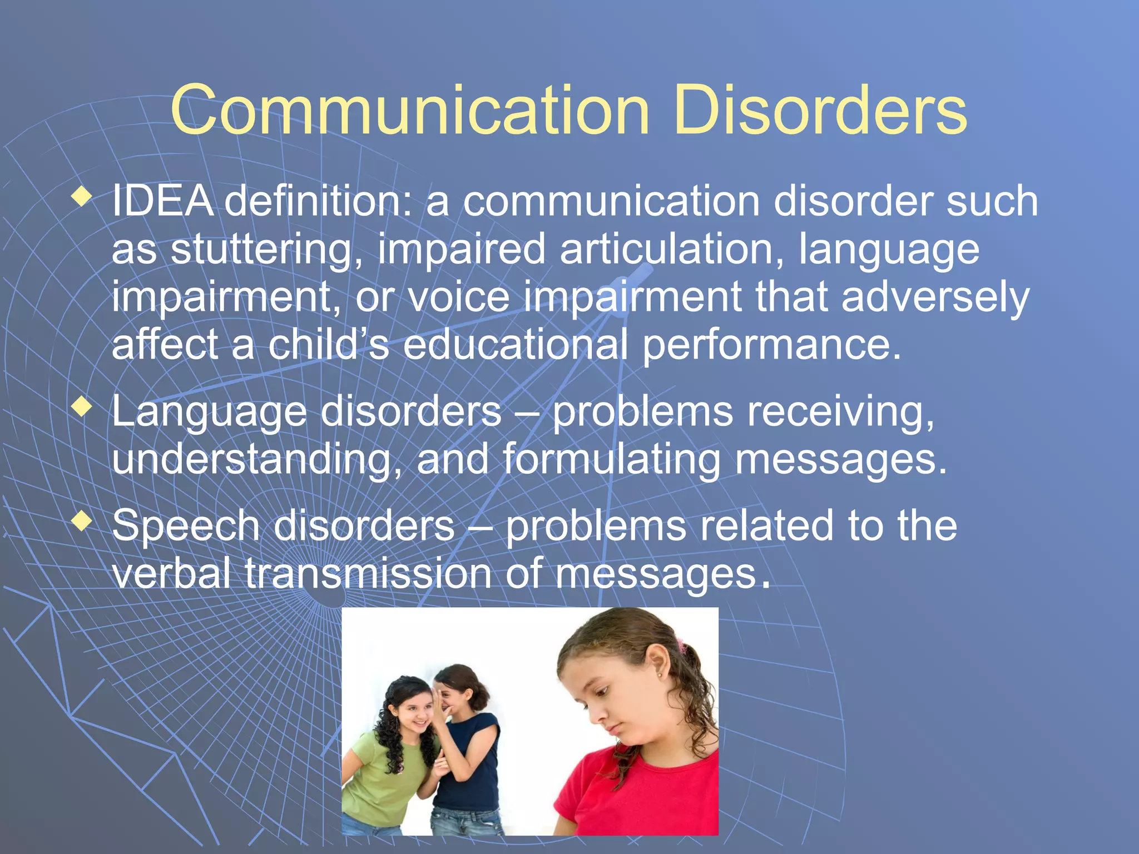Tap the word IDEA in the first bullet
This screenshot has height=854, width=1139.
point(162,201)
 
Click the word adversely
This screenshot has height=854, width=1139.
point(935,298)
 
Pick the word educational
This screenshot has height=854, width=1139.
point(516,345)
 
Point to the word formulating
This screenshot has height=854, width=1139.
point(612,460)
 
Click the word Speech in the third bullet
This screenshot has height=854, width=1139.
point(186,526)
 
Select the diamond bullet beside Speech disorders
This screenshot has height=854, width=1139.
point(82,521)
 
